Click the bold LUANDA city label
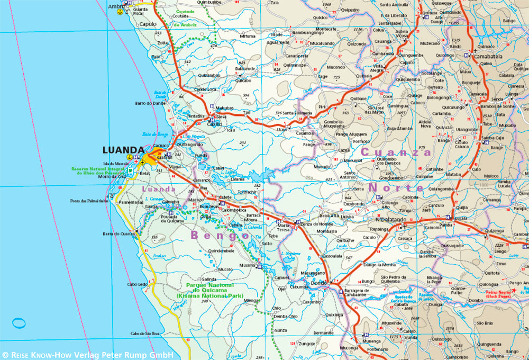[x=123, y=150]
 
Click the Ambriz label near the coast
[x=116, y=6]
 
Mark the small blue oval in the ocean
[x=19, y=322]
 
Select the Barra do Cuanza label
[x=117, y=234]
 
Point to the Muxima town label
[x=247, y=265]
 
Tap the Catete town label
[x=225, y=197]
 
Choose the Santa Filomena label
[x=297, y=113]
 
